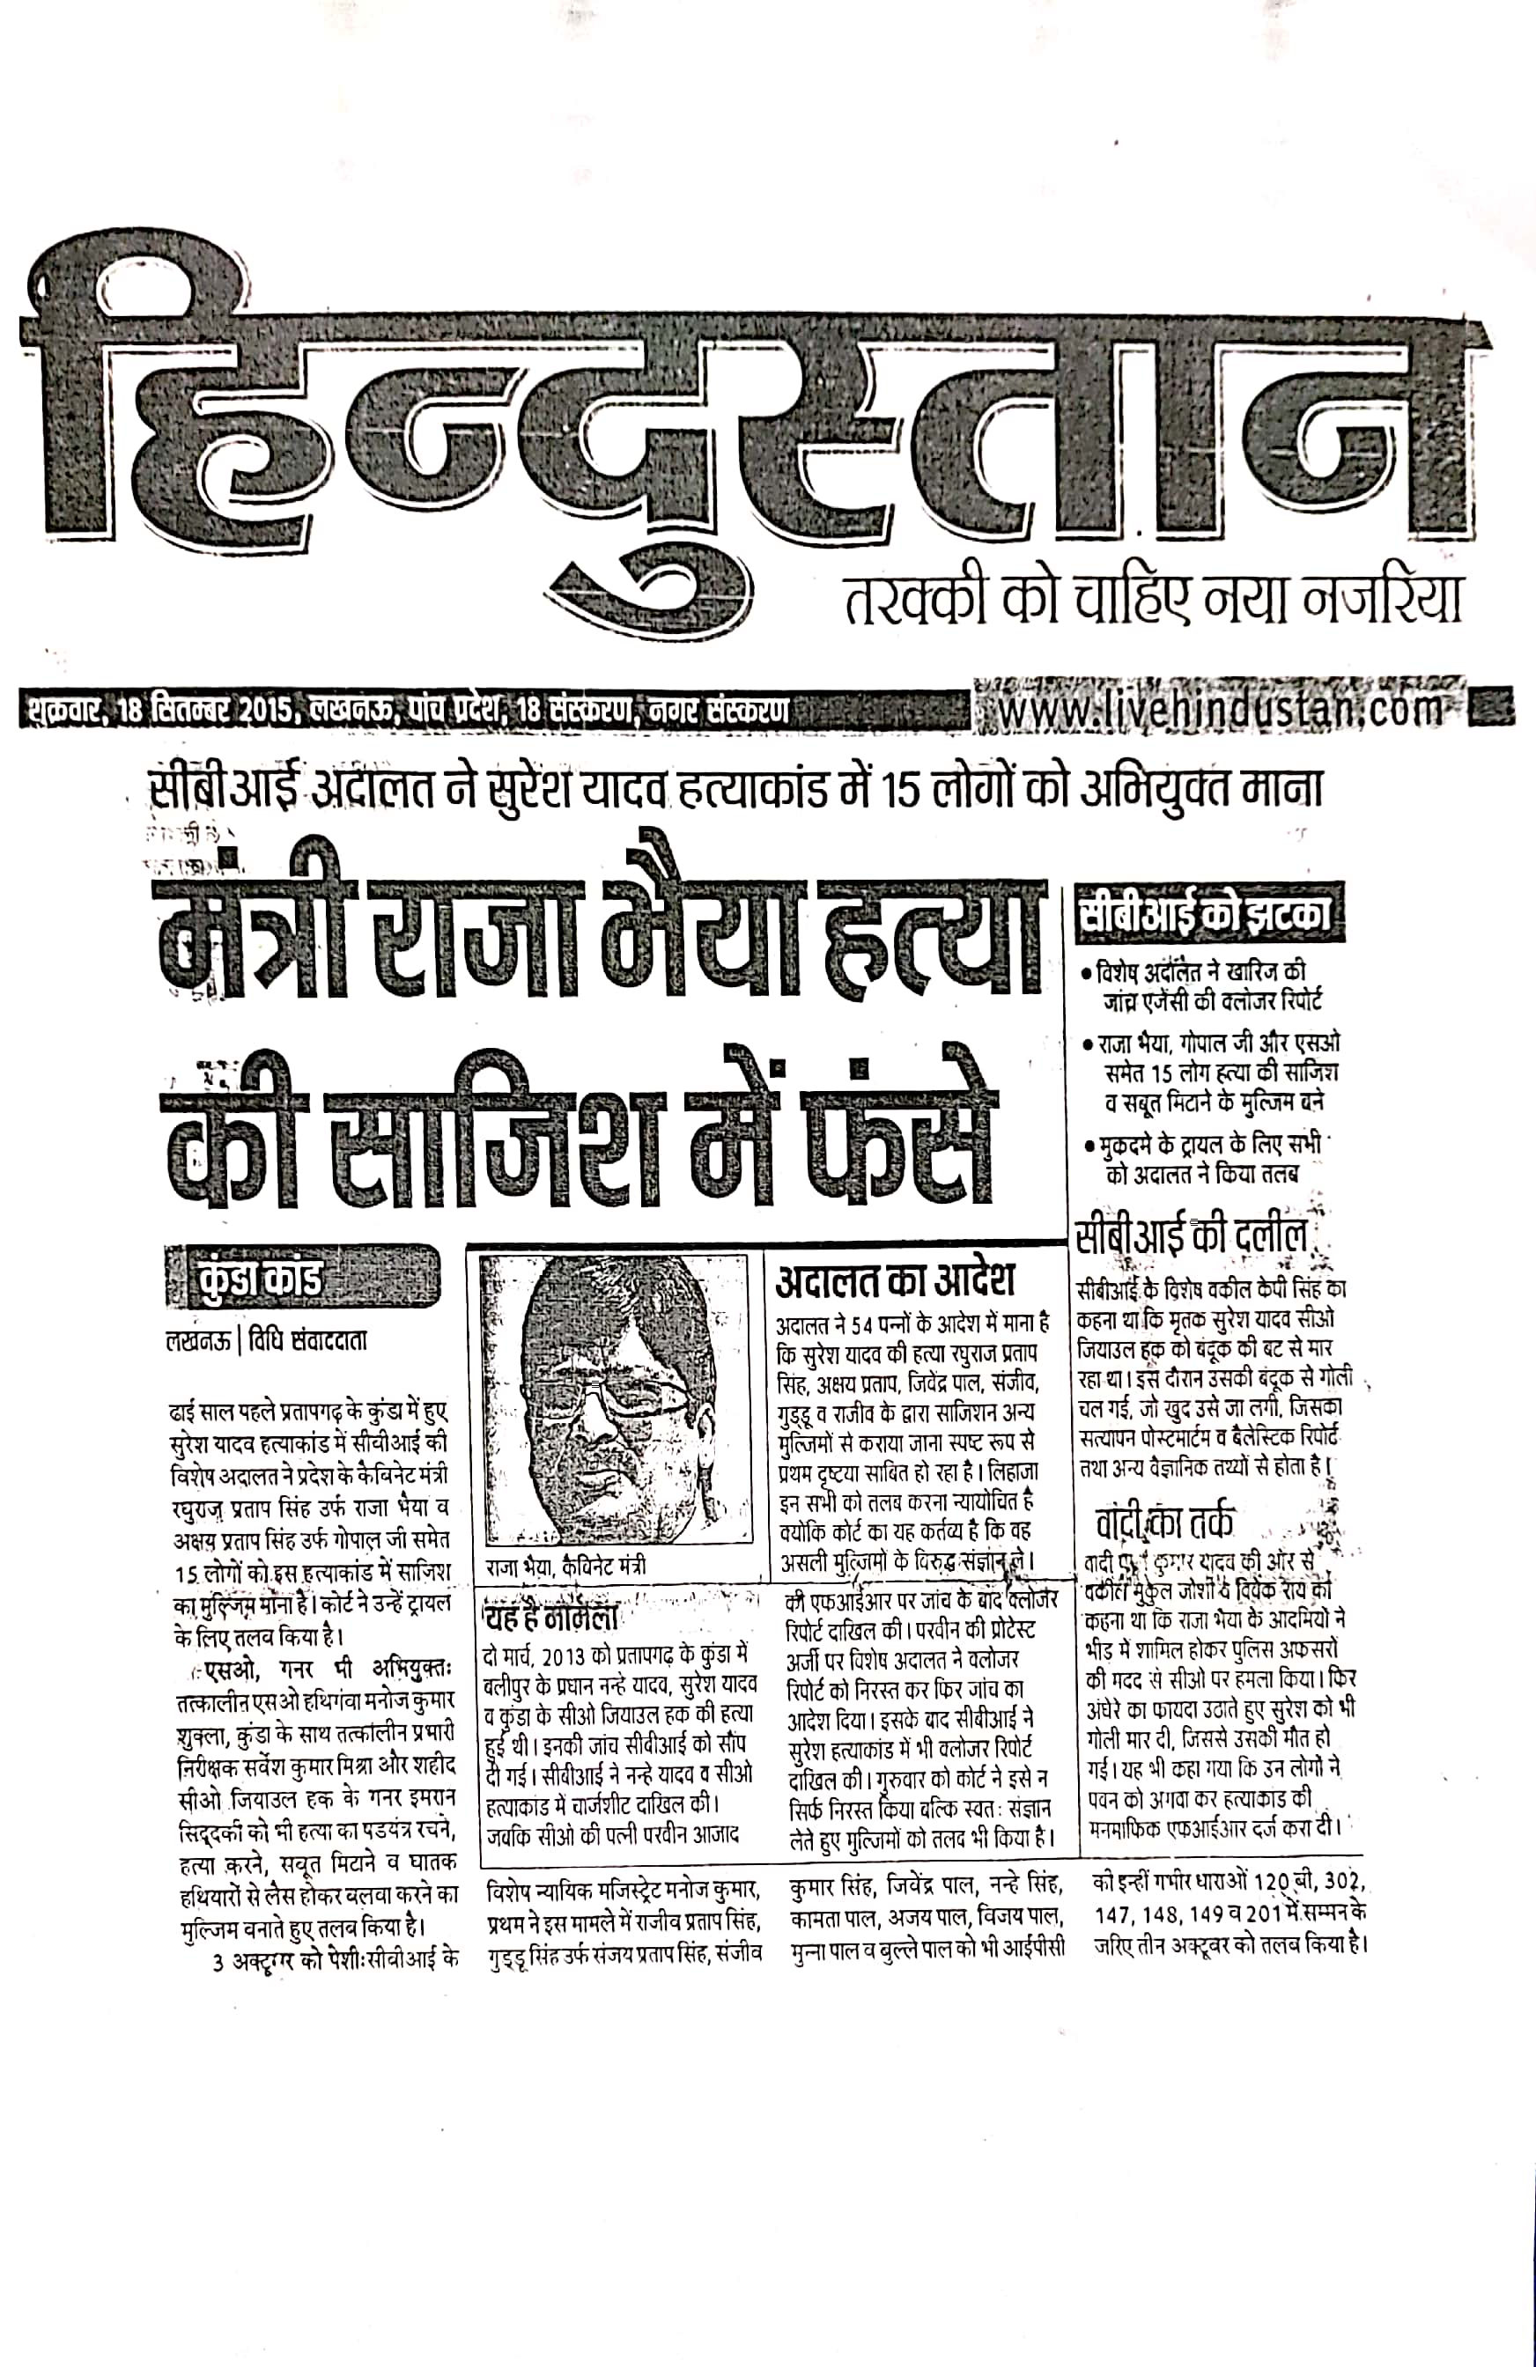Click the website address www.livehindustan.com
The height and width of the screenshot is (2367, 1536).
[1221, 710]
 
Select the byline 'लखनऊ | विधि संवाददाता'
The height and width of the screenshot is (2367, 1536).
[267, 1340]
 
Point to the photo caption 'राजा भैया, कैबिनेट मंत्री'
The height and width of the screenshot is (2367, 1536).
[566, 1567]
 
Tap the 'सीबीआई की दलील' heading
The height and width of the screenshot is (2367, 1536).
[1191, 1236]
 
